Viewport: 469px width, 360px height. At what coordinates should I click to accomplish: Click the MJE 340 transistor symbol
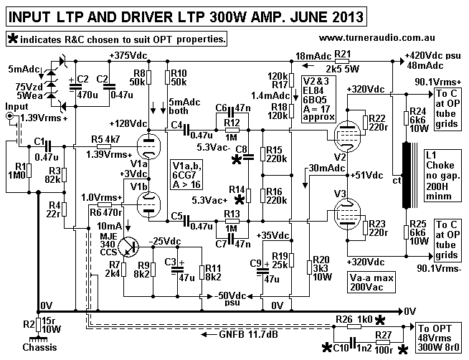(129, 245)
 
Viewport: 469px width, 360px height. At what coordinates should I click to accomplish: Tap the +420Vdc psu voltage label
(430, 57)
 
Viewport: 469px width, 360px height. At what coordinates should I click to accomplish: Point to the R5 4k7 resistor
(105, 147)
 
